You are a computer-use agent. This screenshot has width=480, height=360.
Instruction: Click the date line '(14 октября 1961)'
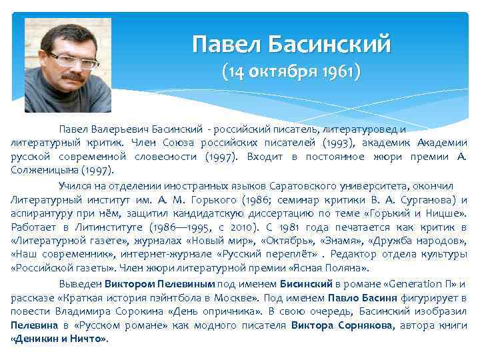[x=291, y=71]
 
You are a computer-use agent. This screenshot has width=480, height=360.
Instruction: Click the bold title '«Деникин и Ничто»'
[x=59, y=339]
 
